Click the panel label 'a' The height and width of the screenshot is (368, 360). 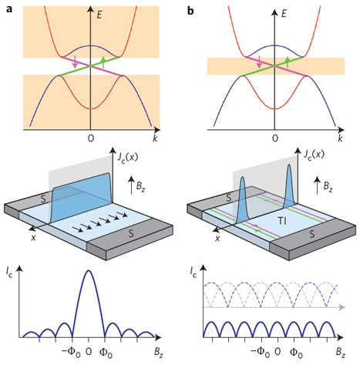(9, 9)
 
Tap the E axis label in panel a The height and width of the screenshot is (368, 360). (99, 15)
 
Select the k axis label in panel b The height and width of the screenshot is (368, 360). (340, 139)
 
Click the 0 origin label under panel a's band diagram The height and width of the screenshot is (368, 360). (91, 139)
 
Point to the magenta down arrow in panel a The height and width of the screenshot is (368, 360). (75, 62)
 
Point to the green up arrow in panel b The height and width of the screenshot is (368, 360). (288, 62)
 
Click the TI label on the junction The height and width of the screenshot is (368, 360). (282, 221)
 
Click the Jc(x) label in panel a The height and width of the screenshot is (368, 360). (127, 156)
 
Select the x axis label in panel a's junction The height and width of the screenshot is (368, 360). (33, 238)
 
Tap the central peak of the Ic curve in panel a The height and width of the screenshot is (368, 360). (89, 270)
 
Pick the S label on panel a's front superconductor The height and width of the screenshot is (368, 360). (131, 233)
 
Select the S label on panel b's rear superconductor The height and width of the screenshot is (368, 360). (228, 198)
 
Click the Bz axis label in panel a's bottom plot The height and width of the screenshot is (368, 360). (159, 352)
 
